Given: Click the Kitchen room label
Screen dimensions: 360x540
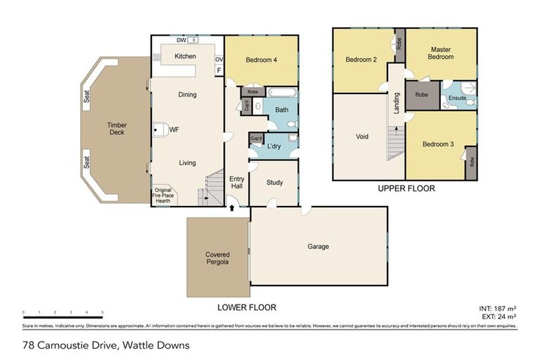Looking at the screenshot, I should (x=185, y=56).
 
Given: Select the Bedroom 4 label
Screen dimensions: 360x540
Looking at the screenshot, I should (x=261, y=60).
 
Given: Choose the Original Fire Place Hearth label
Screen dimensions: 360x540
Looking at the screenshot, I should (x=163, y=195).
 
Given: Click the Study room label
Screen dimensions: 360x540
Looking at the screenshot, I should (x=274, y=183).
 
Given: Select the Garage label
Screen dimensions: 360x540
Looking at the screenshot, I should (x=318, y=247).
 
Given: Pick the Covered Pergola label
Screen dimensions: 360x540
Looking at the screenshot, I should (x=217, y=258).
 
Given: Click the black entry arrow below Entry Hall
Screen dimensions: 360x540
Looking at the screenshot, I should (x=233, y=208).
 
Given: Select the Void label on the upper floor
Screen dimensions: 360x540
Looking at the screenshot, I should (x=363, y=136).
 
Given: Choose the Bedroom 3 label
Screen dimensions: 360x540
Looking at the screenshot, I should (x=437, y=144).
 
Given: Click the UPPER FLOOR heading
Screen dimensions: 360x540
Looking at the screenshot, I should (x=406, y=188).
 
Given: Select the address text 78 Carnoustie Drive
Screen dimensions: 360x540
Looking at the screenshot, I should (x=105, y=345).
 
